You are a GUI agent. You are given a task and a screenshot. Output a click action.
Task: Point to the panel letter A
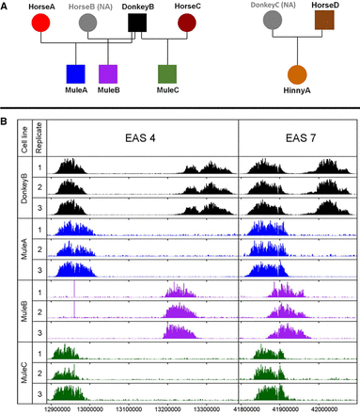[x=6, y=6]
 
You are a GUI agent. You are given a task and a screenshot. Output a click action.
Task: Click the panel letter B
[x=6, y=119]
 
